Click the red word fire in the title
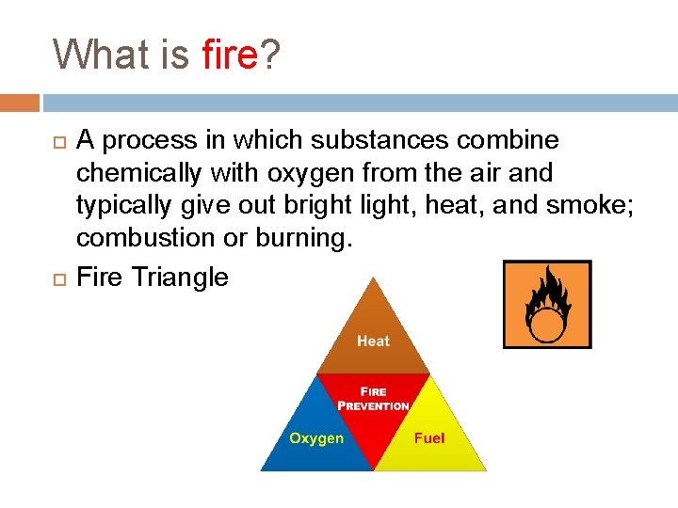point(229,55)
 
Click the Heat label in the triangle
point(373,341)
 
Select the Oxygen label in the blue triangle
point(316,438)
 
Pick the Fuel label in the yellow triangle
point(429,438)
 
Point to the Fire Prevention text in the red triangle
point(374,399)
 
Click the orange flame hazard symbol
point(547,304)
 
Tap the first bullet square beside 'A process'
point(59,142)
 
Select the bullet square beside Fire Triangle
point(59,278)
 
